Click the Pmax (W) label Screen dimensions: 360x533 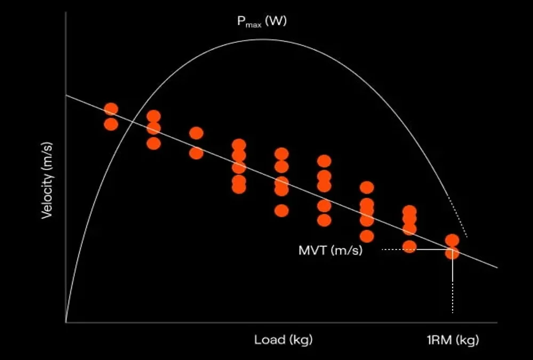point(261,22)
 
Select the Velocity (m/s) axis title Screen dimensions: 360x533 point(47,180)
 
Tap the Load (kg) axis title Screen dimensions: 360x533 point(283,340)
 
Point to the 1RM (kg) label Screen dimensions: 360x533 point(453,340)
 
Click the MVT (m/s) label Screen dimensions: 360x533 point(330,250)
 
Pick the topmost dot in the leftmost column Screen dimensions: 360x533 point(111,109)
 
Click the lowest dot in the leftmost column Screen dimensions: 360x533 point(111,124)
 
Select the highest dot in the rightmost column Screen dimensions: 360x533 point(452,240)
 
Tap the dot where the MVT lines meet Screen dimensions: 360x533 point(452,253)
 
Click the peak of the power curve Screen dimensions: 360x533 point(261,39)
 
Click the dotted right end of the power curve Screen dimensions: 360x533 point(461,224)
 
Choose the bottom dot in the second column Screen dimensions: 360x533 point(154,143)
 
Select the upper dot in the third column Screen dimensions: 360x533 point(196,133)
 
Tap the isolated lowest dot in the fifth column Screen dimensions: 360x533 point(281,211)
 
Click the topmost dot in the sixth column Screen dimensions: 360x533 point(324,161)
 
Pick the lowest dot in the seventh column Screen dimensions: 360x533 point(367,236)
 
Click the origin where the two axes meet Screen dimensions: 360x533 point(66,322)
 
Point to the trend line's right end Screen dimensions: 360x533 point(497,267)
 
